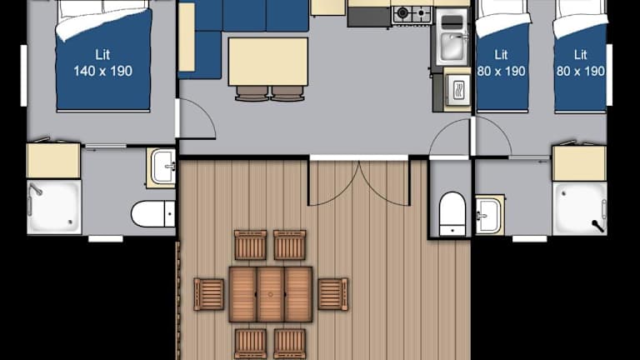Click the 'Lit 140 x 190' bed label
point(102,62)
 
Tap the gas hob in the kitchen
point(412,14)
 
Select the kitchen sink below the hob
point(452,37)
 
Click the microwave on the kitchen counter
point(457,90)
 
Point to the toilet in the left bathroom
point(153,213)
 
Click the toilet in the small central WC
point(452,214)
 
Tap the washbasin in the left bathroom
point(162,167)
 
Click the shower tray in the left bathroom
point(54,207)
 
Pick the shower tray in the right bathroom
point(580,208)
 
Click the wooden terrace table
point(271,294)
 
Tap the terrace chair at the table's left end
point(208,294)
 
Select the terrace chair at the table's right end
point(333,294)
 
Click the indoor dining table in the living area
point(268,62)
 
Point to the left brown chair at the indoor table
point(252,93)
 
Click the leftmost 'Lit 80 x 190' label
point(501,62)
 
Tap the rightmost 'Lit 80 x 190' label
point(580,62)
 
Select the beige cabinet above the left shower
point(53,160)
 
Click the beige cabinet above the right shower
point(579,163)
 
